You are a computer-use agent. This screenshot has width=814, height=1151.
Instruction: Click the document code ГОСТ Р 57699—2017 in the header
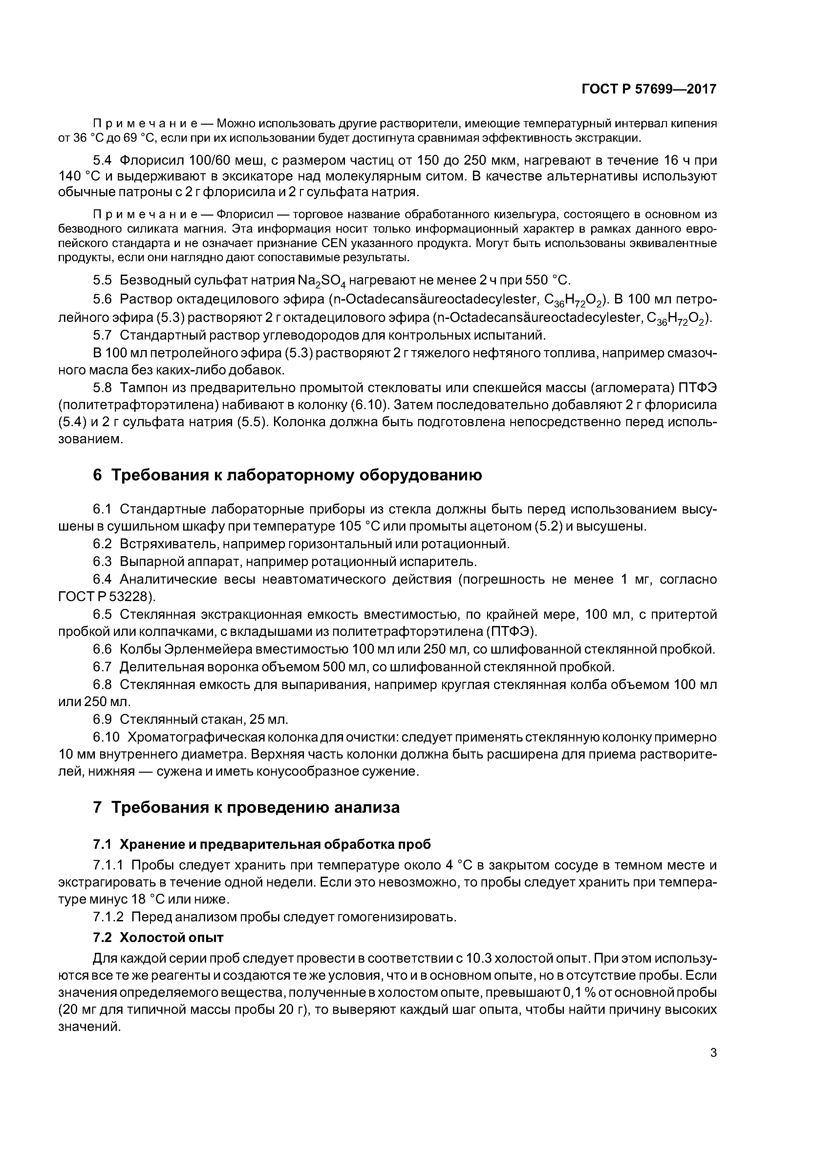coord(649,89)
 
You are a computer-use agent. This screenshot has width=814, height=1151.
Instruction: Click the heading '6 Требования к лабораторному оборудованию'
coord(288,475)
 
